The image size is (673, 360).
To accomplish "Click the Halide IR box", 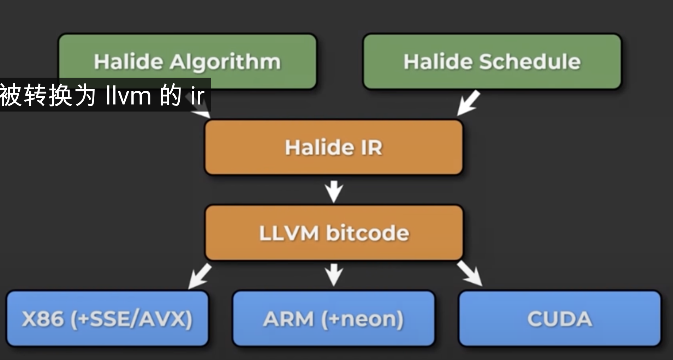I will [334, 147].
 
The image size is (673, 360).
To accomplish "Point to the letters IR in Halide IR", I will [371, 147].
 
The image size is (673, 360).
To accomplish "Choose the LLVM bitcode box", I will [334, 233].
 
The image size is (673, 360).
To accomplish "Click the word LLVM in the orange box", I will [289, 233].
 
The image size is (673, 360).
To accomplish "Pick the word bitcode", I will [368, 233].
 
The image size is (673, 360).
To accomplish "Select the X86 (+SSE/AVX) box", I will [107, 319].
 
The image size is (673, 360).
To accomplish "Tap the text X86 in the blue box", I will [43, 319].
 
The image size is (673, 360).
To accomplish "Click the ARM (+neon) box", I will [334, 319].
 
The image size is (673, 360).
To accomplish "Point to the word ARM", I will [288, 319].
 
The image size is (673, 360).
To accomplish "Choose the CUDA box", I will [560, 319].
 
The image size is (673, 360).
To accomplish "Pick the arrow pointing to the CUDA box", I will [470, 274].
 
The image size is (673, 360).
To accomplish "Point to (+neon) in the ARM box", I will [362, 319].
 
